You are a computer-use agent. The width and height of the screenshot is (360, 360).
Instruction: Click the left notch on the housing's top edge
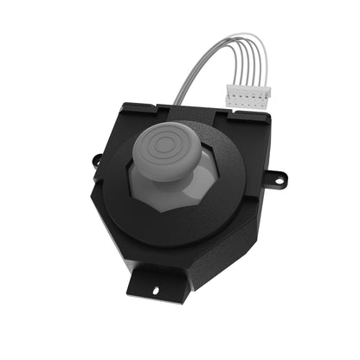(159, 109)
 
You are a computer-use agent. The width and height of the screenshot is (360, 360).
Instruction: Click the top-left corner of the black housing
(123, 106)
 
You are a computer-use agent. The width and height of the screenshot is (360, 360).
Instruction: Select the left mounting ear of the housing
(97, 162)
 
